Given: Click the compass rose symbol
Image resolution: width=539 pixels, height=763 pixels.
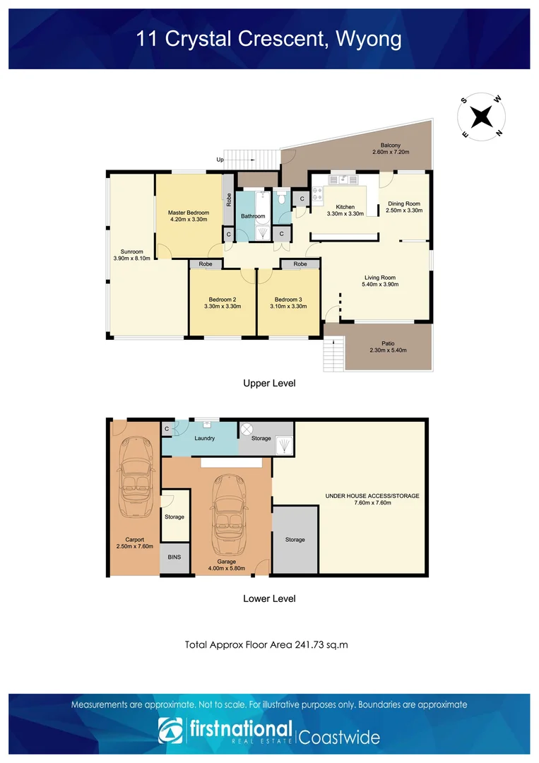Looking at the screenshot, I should coord(481,116).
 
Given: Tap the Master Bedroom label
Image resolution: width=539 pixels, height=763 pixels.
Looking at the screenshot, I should coord(188,213).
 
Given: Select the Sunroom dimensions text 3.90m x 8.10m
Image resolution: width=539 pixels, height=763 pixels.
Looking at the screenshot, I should coord(133,259).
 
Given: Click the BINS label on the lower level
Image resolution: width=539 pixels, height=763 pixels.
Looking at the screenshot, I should coord(174,557).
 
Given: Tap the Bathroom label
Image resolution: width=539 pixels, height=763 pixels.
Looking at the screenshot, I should coord(253,216).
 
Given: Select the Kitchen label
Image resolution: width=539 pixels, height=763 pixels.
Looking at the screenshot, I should coord(345,207).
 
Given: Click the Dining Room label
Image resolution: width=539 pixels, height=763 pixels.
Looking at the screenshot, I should coord(404,203).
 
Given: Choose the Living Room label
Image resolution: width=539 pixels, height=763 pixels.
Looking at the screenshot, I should coord(379,278).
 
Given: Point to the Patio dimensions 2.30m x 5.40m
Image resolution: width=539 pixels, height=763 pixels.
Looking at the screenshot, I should coord(389,350).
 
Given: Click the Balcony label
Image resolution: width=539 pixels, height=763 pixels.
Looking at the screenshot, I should coord(391,145).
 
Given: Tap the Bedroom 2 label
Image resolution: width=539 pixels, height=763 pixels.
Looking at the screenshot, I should coord(223,299).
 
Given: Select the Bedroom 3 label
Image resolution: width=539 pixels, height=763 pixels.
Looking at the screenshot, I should coord(288,299).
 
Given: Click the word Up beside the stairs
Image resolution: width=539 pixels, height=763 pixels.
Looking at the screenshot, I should coord(220,160).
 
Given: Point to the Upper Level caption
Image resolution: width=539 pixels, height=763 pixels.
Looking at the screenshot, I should coord(269,384).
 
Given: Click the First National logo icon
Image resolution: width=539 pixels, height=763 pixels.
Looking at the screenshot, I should coord(170,732).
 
